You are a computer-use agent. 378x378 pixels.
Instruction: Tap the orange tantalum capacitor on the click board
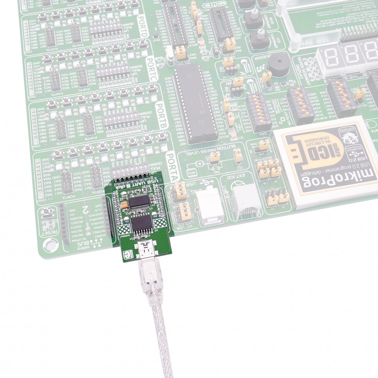coord(125,205)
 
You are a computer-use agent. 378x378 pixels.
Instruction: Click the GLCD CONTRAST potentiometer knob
coord(251,18)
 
